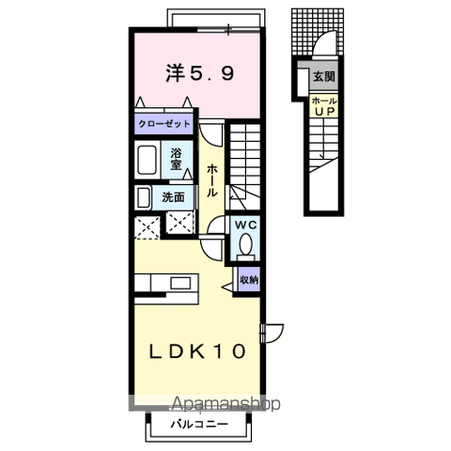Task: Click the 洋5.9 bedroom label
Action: pyautogui.click(x=200, y=73)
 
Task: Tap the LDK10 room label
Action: pyautogui.click(x=197, y=351)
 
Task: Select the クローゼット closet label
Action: pyautogui.click(x=164, y=124)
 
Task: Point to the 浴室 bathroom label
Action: pyautogui.click(x=176, y=159)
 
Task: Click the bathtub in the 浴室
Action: pyautogui.click(x=148, y=160)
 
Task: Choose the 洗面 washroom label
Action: pyautogui.click(x=173, y=197)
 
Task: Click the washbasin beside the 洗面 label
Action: pyautogui.click(x=144, y=198)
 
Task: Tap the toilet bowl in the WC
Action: pyautogui.click(x=245, y=244)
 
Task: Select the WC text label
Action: pyautogui.click(x=246, y=225)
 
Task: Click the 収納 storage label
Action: pyautogui.click(x=249, y=279)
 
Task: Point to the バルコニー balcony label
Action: pyautogui.click(x=199, y=425)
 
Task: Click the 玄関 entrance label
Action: pyautogui.click(x=324, y=76)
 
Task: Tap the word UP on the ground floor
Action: pyautogui.click(x=325, y=112)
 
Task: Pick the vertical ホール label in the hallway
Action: pyautogui.click(x=212, y=180)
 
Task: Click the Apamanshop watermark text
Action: pyautogui.click(x=226, y=404)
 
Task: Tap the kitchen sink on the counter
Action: pyautogui.click(x=180, y=283)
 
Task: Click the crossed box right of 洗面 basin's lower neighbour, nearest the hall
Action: pyautogui.click(x=179, y=223)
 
